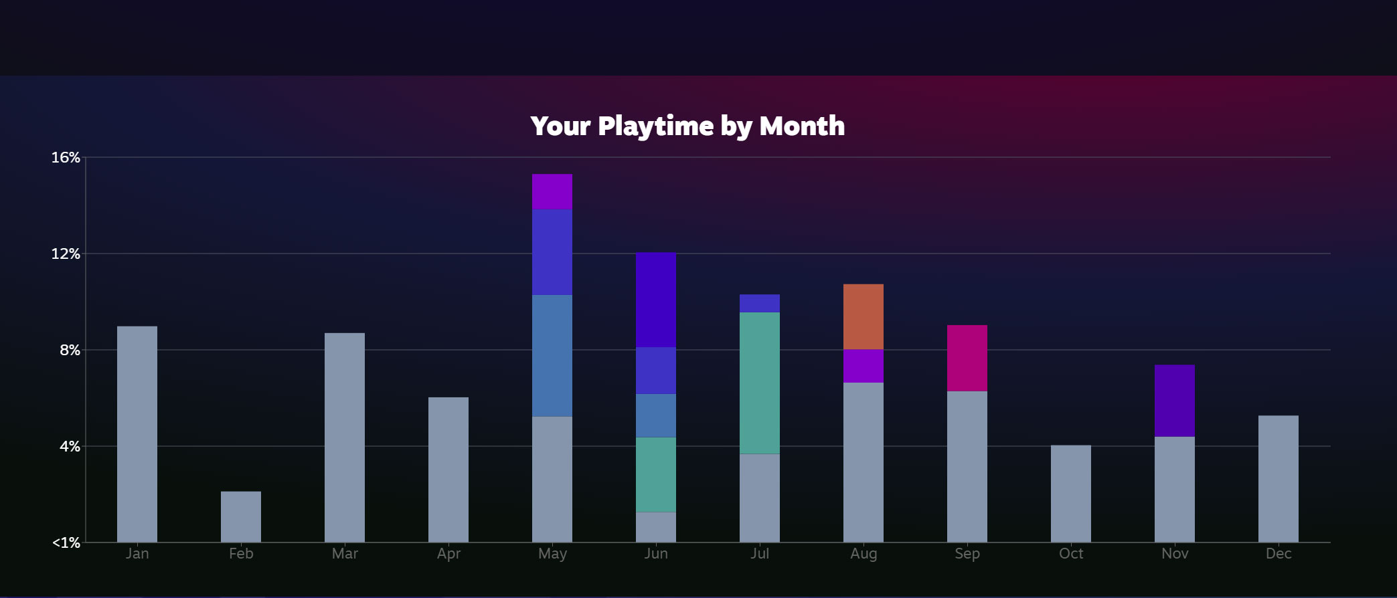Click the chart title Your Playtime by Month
pyautogui.click(x=687, y=126)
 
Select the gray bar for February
pyautogui.click(x=241, y=516)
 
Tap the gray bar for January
pyautogui.click(x=137, y=434)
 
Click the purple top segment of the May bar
pyautogui.click(x=552, y=192)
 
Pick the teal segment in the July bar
pyautogui.click(x=760, y=383)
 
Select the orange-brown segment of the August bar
pyautogui.click(x=864, y=316)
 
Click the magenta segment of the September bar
pyautogui.click(x=967, y=358)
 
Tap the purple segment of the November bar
pyautogui.click(x=1175, y=401)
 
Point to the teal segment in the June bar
pyautogui.click(x=656, y=475)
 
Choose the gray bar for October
pyautogui.click(x=1071, y=494)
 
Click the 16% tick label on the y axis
pyautogui.click(x=66, y=157)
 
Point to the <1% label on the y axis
pyautogui.click(x=66, y=542)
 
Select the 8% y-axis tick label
pyautogui.click(x=70, y=350)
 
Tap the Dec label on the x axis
pyautogui.click(x=1279, y=554)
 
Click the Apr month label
pyautogui.click(x=448, y=554)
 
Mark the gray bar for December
pyautogui.click(x=1279, y=479)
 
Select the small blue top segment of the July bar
pyautogui.click(x=760, y=304)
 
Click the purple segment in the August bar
pyautogui.click(x=864, y=366)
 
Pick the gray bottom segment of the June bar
pyautogui.click(x=656, y=527)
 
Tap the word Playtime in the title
pyautogui.click(x=656, y=126)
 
